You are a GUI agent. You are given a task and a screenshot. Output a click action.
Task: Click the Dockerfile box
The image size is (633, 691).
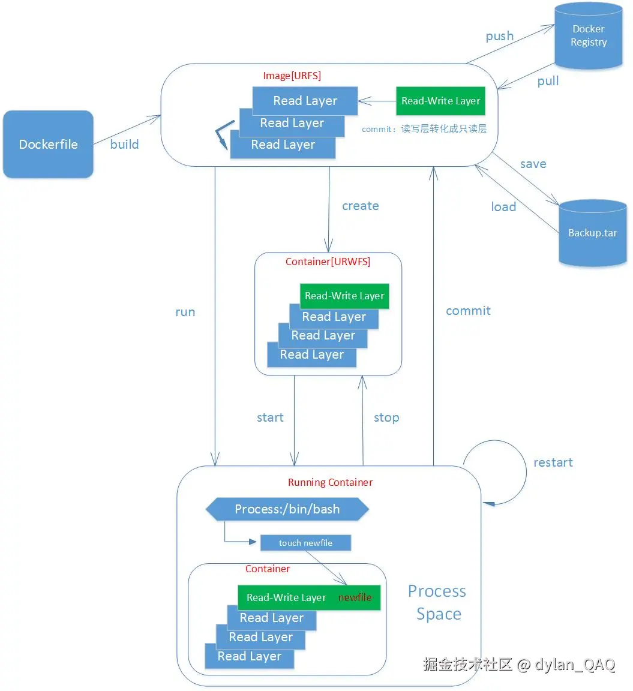48,144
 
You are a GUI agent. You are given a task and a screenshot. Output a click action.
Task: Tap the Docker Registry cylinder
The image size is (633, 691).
588,36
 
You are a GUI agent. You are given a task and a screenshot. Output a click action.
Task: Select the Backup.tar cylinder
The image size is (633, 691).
592,233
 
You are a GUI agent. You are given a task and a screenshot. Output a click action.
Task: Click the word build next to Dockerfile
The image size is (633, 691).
124,145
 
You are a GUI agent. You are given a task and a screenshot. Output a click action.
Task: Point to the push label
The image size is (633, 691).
499,36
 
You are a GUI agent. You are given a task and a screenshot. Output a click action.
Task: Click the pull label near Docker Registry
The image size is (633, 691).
548,81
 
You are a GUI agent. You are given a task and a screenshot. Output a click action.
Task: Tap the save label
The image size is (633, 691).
533,164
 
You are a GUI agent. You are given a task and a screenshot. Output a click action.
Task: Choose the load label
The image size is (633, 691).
503,207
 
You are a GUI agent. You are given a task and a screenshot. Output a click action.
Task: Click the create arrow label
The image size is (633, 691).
360,206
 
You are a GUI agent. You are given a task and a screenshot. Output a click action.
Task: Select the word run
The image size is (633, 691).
185,312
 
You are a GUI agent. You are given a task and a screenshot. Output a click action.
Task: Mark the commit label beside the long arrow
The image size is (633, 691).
468,311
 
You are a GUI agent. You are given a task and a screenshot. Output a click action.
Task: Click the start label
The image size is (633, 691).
270,417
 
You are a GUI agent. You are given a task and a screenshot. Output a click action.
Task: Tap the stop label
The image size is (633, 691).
386,417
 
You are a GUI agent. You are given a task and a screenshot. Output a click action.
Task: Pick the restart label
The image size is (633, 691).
553,462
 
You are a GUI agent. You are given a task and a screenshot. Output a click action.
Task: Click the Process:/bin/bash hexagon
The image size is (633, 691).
287,509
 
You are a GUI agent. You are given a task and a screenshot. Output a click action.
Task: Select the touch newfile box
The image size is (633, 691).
305,543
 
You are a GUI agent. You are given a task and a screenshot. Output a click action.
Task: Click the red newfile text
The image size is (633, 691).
355,597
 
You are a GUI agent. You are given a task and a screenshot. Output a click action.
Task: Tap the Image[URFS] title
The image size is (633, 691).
292,76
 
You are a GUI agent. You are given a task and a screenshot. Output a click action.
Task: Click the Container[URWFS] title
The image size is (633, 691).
328,262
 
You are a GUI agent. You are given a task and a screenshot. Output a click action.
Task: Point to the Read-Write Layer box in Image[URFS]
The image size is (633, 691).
440,101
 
